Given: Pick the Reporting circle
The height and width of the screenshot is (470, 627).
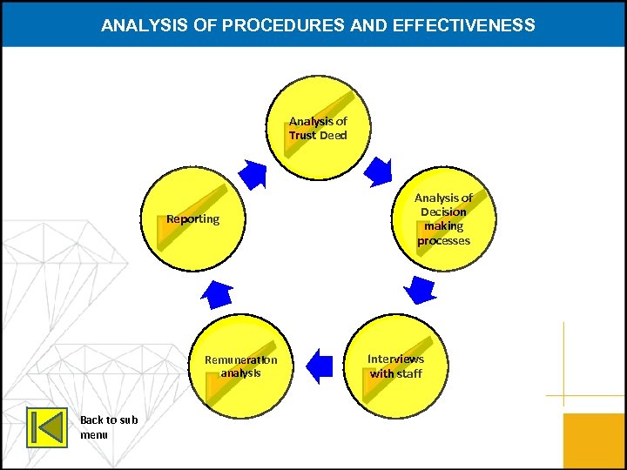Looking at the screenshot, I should (193, 218).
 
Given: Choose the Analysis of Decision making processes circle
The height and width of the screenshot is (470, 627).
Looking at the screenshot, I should (443, 218).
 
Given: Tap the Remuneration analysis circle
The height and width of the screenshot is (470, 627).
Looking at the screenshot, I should (241, 366).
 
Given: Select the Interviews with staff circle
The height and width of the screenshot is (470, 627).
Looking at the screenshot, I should (395, 366).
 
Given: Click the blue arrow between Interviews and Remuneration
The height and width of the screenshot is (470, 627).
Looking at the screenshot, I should (320, 366).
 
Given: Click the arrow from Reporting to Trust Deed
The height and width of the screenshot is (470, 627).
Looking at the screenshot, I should (253, 174).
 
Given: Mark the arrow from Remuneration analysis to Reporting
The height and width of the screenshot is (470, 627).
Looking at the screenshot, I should (216, 293).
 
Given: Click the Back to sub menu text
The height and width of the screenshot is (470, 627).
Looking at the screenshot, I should (109, 426).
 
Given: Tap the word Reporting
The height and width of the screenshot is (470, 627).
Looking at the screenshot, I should (193, 218).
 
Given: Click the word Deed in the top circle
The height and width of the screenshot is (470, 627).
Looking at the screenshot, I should (333, 136).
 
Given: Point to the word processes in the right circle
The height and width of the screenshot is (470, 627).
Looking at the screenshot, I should (443, 240).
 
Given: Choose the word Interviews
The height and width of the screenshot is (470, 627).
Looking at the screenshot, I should (395, 359).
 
